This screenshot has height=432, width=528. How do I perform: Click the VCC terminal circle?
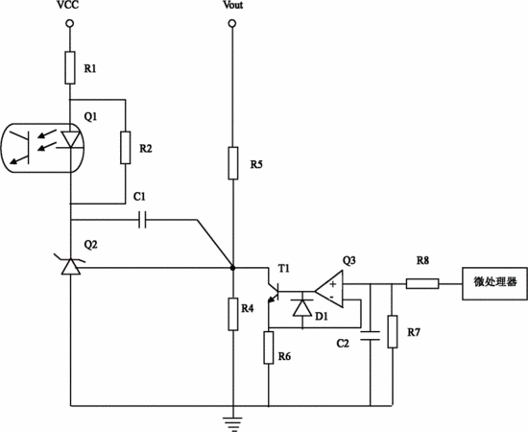coord(70,24)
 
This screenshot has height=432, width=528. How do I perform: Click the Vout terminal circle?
coord(232,24)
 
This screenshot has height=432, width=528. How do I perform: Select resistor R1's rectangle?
coord(70,67)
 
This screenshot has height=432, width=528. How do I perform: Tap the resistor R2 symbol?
coord(126,148)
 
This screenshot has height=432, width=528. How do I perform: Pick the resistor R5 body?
coord(233,163)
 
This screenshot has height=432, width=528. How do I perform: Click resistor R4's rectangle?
coord(233,314)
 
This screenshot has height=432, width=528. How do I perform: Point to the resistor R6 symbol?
coord(269,348)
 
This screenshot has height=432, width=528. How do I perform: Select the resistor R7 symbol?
coord(393,331)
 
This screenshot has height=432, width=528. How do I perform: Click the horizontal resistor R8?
coord(422,284)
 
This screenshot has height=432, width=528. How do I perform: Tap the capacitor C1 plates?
coord(142,220)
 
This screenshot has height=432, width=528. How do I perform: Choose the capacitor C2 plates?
coord(370,336)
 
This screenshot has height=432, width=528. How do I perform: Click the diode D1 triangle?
coord(302,308)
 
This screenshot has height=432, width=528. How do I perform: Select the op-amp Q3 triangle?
coord(329,289)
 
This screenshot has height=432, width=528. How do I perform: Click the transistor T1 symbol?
coord(275,292)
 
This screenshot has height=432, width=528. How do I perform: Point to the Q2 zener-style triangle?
coord(71,266)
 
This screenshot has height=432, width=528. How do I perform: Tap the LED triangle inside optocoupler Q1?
coord(71,139)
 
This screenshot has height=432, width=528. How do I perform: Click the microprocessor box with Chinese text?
coord(494,283)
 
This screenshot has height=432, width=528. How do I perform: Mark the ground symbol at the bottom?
coord(232,423)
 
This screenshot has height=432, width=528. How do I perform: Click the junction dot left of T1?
coord(232,268)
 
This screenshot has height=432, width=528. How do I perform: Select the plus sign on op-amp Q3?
coord(333,284)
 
